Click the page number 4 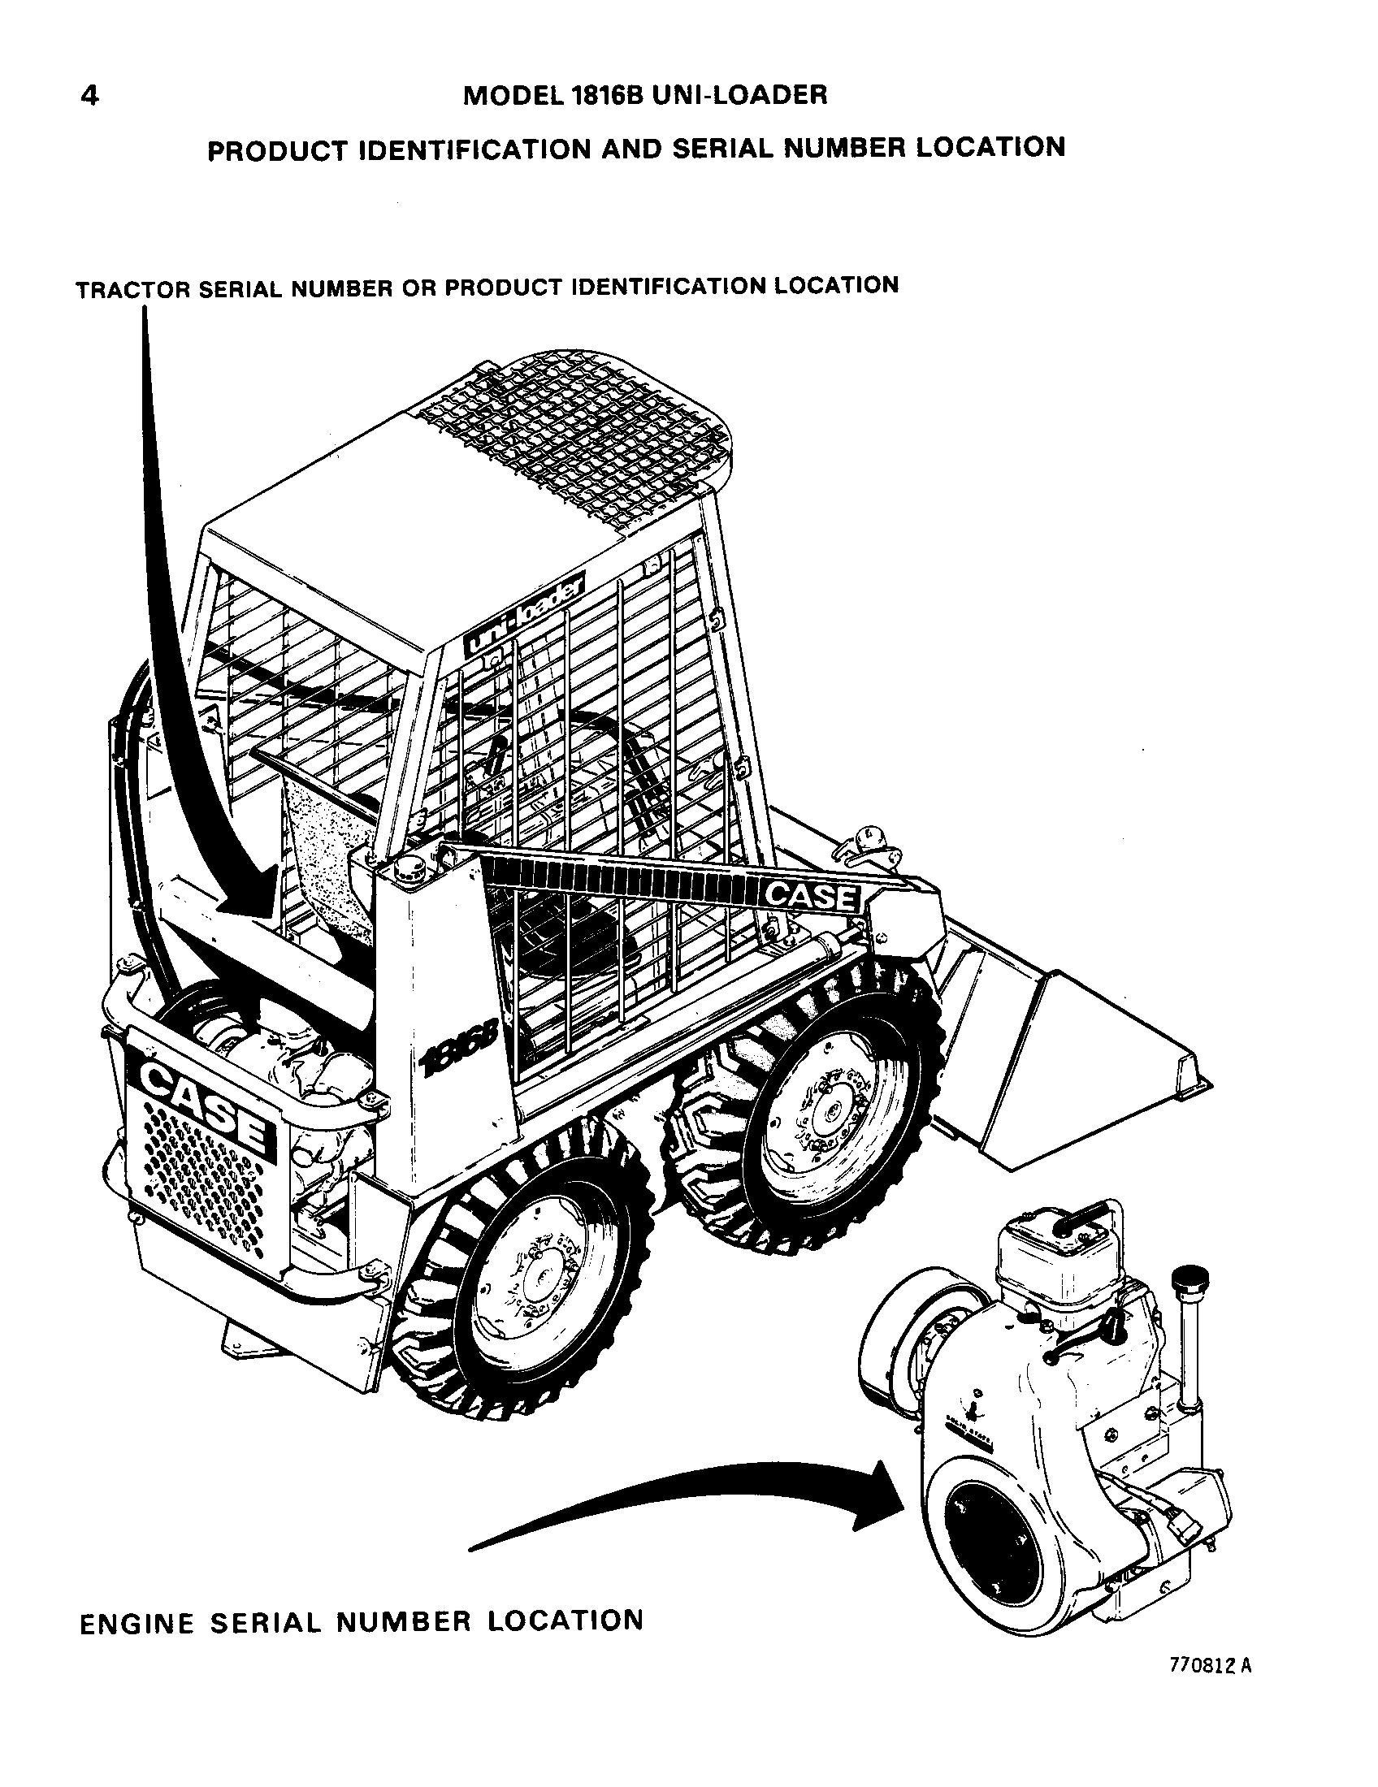point(90,97)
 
